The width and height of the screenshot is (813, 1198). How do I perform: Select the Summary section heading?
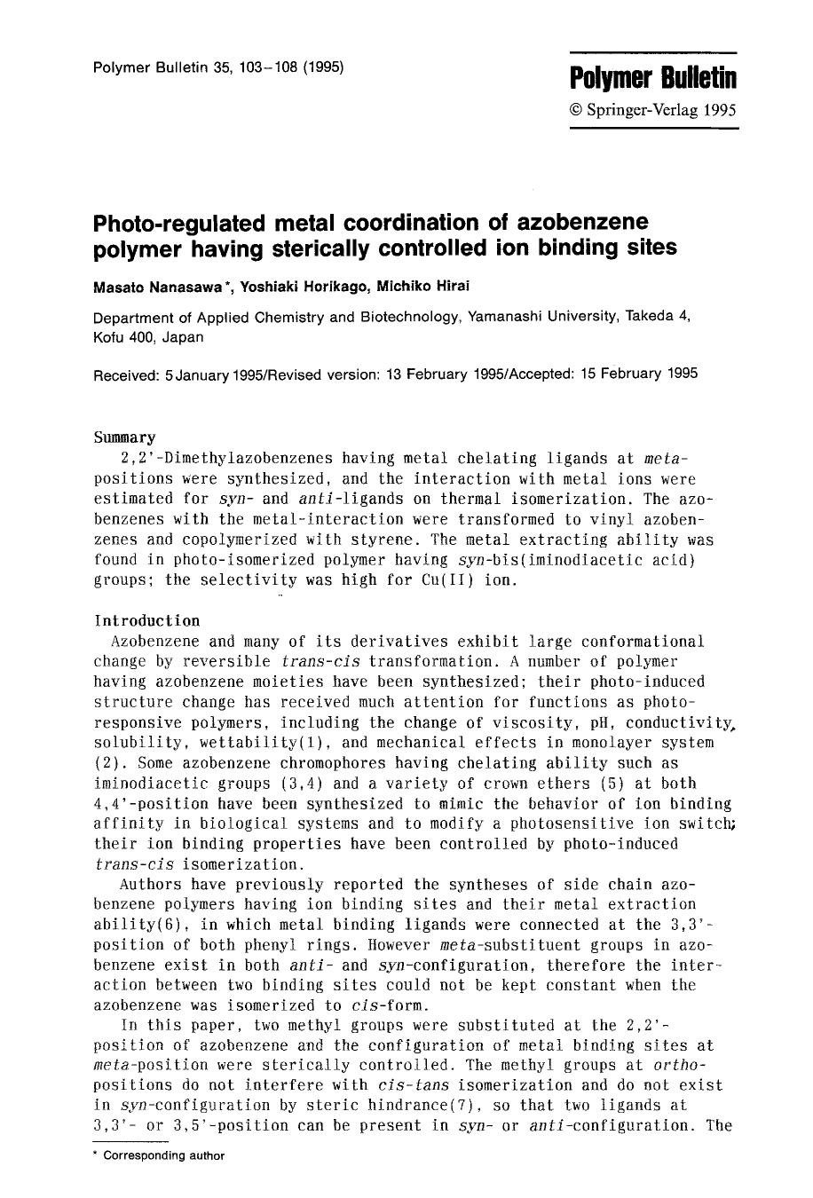(124, 437)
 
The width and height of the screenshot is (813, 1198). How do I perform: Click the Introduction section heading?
(146, 620)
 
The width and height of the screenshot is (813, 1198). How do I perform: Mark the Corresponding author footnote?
(164, 1155)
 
